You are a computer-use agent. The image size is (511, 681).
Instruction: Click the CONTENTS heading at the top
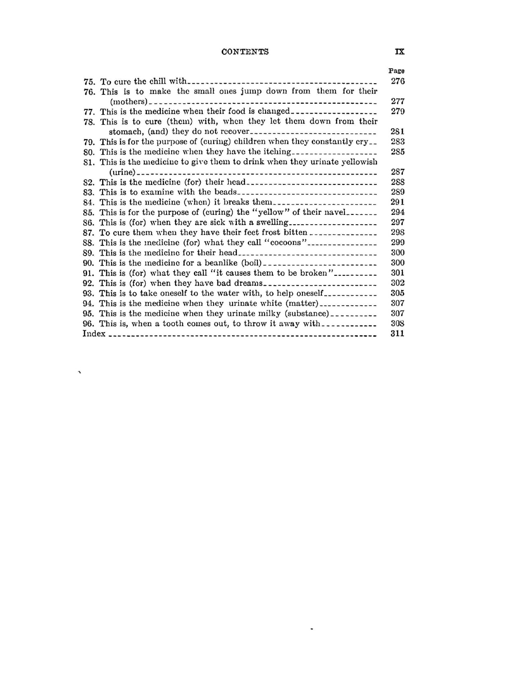click(245, 52)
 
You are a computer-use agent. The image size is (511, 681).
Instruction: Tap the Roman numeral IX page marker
click(399, 51)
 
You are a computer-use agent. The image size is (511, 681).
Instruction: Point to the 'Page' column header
click(396, 71)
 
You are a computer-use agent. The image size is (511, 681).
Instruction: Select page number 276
click(398, 81)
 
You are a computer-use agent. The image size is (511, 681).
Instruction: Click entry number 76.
click(89, 91)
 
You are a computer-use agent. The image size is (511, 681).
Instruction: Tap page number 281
click(398, 132)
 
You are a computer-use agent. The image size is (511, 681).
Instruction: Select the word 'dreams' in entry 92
click(248, 283)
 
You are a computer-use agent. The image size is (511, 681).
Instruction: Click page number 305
click(398, 293)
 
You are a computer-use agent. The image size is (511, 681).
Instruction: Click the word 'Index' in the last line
click(94, 334)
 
